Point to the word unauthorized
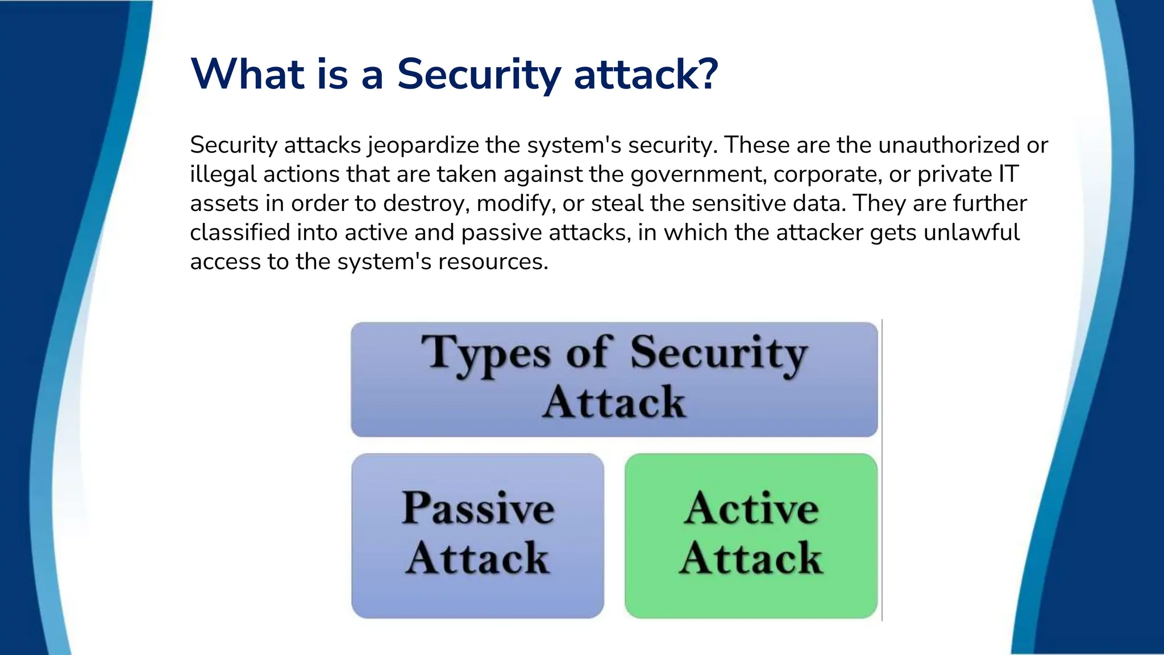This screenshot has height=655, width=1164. pos(949,146)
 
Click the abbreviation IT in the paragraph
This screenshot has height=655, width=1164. pos(1009,175)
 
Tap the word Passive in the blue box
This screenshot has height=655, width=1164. pos(478,507)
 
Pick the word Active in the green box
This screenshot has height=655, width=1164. pos(751,507)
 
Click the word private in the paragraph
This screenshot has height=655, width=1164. pos(954,175)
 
